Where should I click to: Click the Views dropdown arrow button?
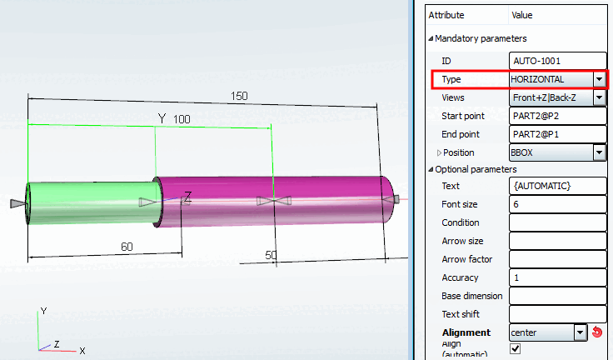pyautogui.click(x=599, y=98)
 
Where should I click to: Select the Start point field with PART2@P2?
pyautogui.click(x=556, y=116)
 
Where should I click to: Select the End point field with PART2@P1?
pyautogui.click(x=556, y=134)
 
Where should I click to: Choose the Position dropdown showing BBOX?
pyautogui.click(x=556, y=152)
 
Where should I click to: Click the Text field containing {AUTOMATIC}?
pyautogui.click(x=556, y=186)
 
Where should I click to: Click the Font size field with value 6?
pyautogui.click(x=556, y=204)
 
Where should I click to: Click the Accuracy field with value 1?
pyautogui.click(x=556, y=277)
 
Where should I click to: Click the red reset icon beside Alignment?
pyautogui.click(x=596, y=332)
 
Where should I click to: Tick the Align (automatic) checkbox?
pyautogui.click(x=515, y=349)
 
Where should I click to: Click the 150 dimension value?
pyautogui.click(x=239, y=96)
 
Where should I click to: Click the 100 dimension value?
pyautogui.click(x=182, y=120)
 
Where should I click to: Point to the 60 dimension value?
pyautogui.click(x=127, y=247)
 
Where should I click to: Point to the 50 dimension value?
pyautogui.click(x=271, y=254)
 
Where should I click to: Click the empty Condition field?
pyautogui.click(x=556, y=222)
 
